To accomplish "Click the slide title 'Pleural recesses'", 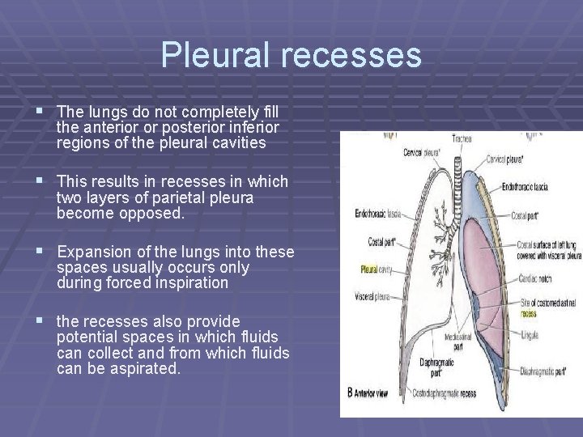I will point(291,55).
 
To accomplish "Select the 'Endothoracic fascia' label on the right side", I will point(524,187).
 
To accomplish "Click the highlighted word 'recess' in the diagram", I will point(528,312).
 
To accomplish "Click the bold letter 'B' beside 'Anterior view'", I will point(351,392).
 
